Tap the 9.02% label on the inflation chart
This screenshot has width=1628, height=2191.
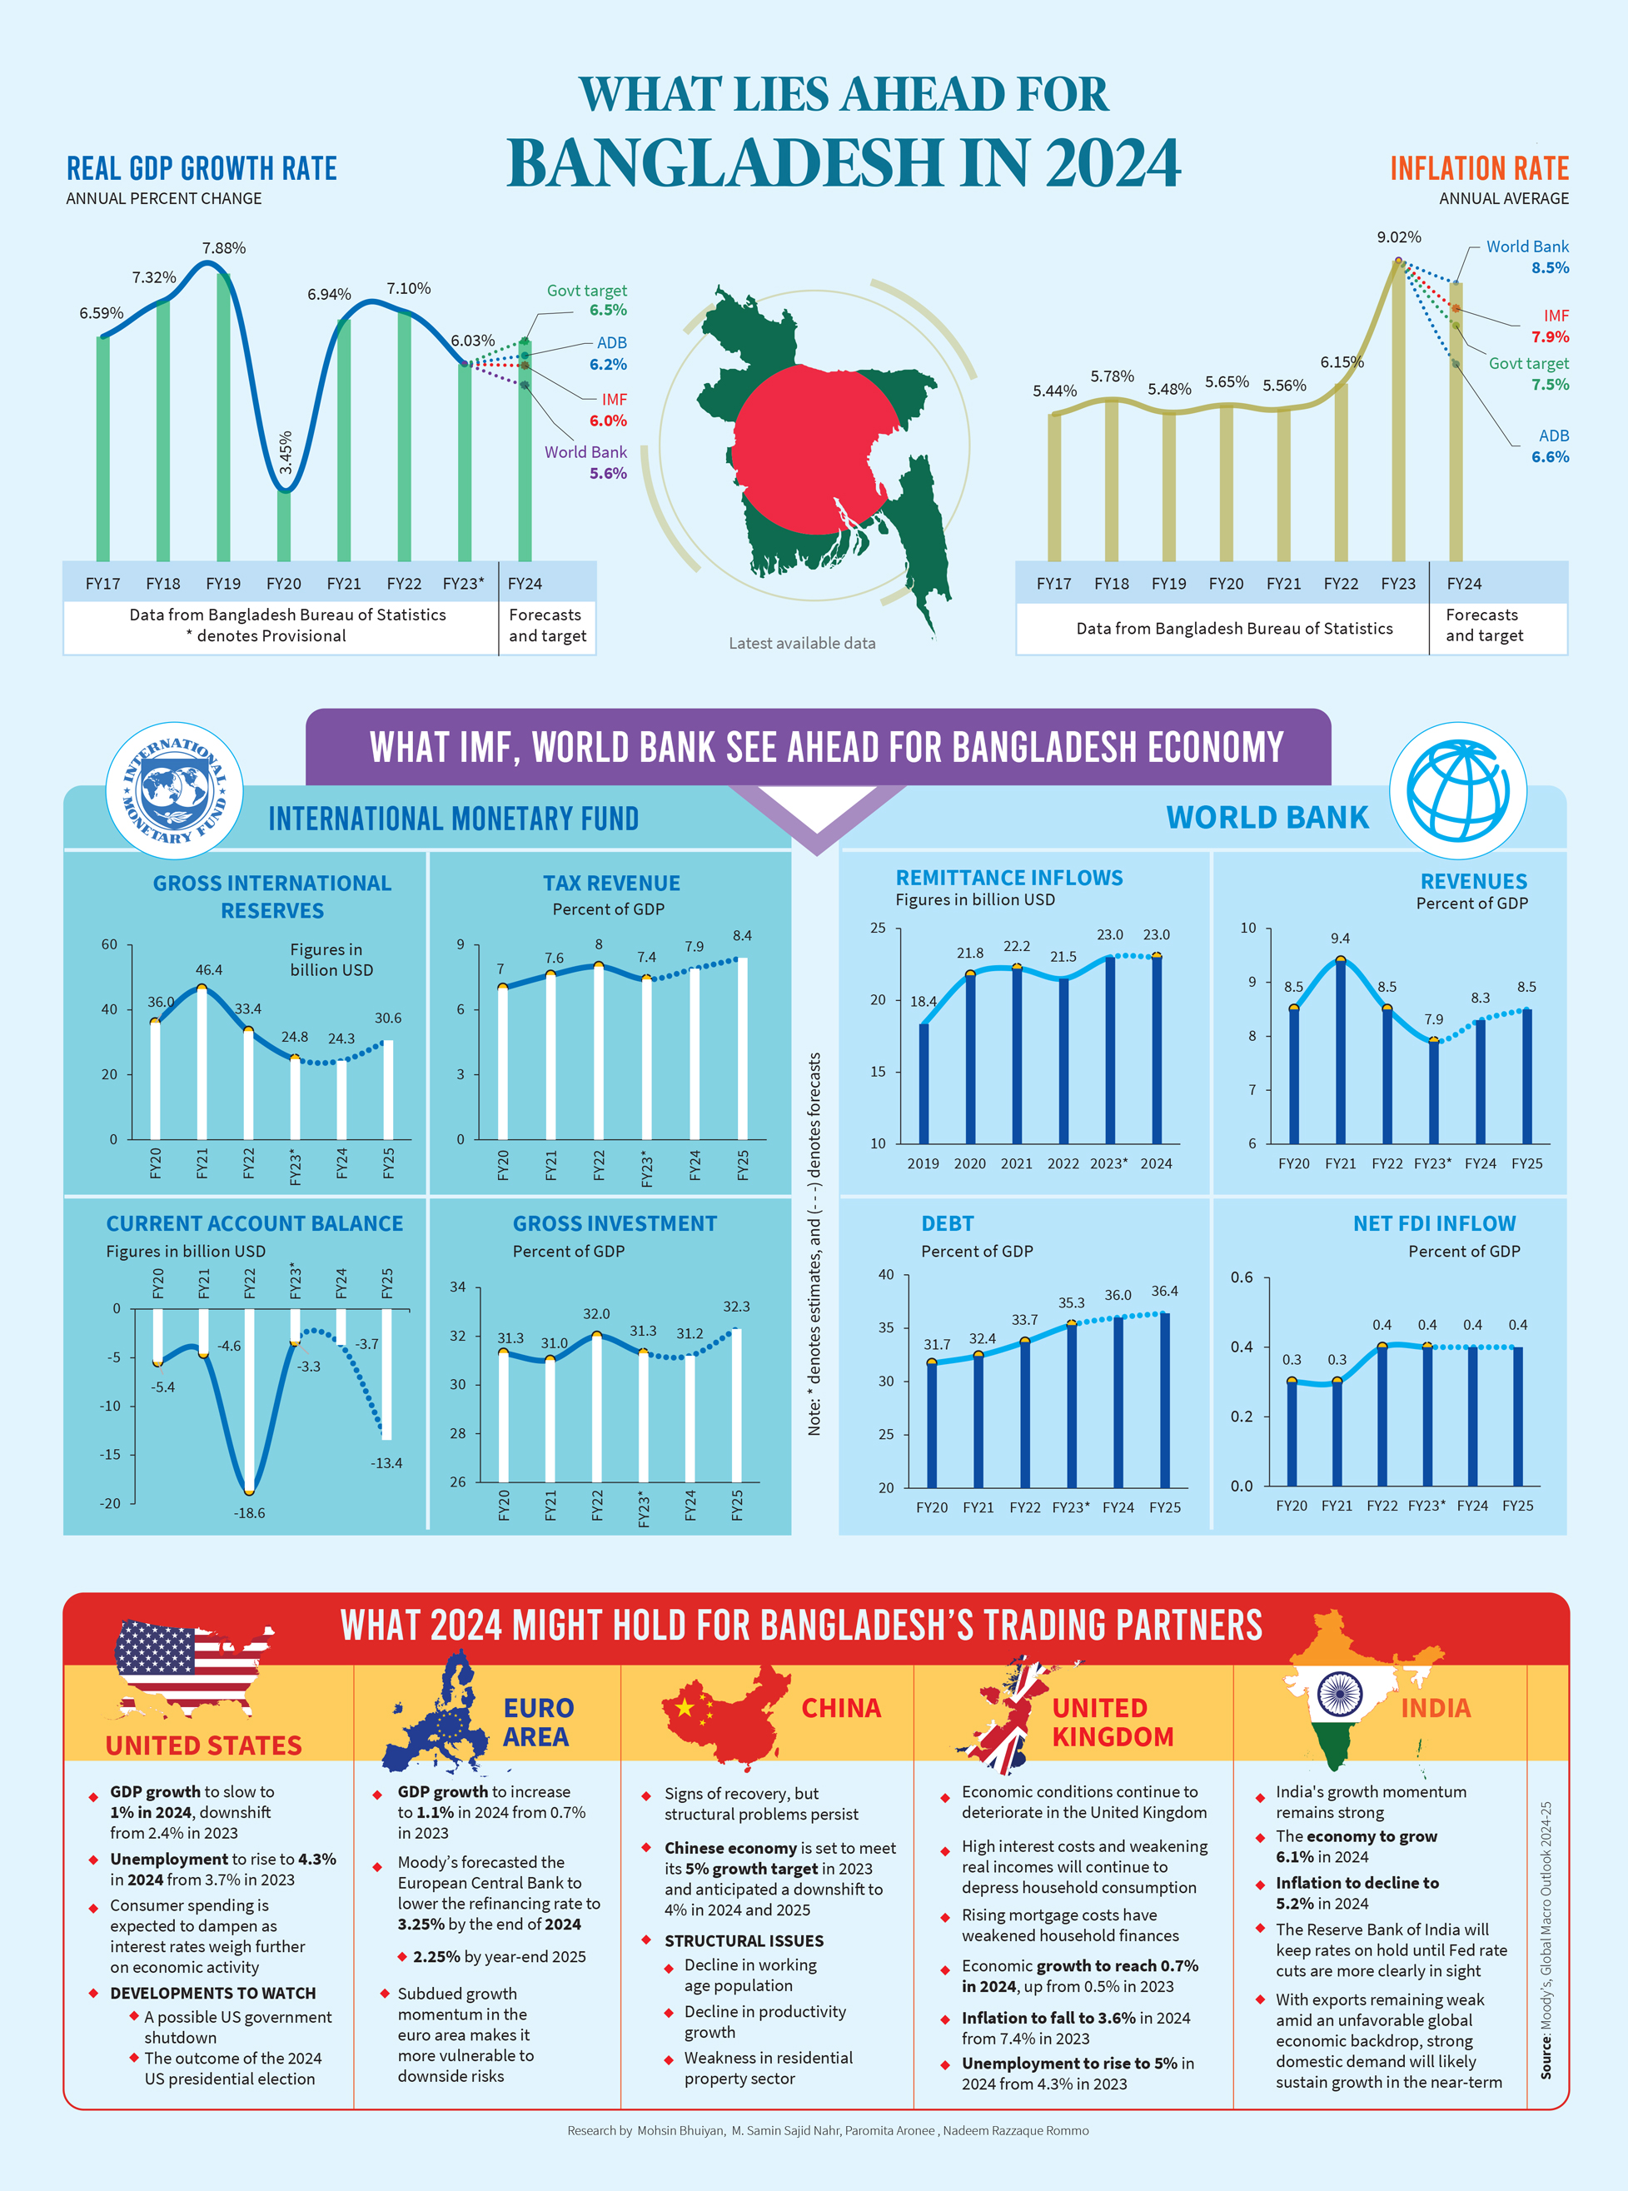click(1398, 237)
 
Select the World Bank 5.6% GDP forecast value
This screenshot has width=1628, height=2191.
click(608, 474)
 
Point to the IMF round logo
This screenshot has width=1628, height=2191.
click(174, 790)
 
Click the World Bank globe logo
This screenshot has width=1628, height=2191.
click(1457, 790)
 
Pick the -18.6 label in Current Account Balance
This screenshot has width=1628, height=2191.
click(249, 1513)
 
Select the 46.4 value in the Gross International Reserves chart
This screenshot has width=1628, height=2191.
click(209, 970)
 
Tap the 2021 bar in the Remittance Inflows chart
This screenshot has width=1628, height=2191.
click(1017, 1054)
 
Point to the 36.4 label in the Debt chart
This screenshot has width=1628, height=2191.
click(1164, 1291)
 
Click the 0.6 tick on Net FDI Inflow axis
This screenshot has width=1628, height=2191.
click(1242, 1277)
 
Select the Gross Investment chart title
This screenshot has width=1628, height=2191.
click(615, 1223)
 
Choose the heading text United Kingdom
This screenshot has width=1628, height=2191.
click(1113, 1722)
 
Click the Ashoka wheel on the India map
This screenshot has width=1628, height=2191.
click(1339, 1693)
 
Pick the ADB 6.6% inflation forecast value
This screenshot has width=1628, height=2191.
click(1551, 457)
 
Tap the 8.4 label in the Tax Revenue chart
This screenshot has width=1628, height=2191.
click(742, 935)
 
